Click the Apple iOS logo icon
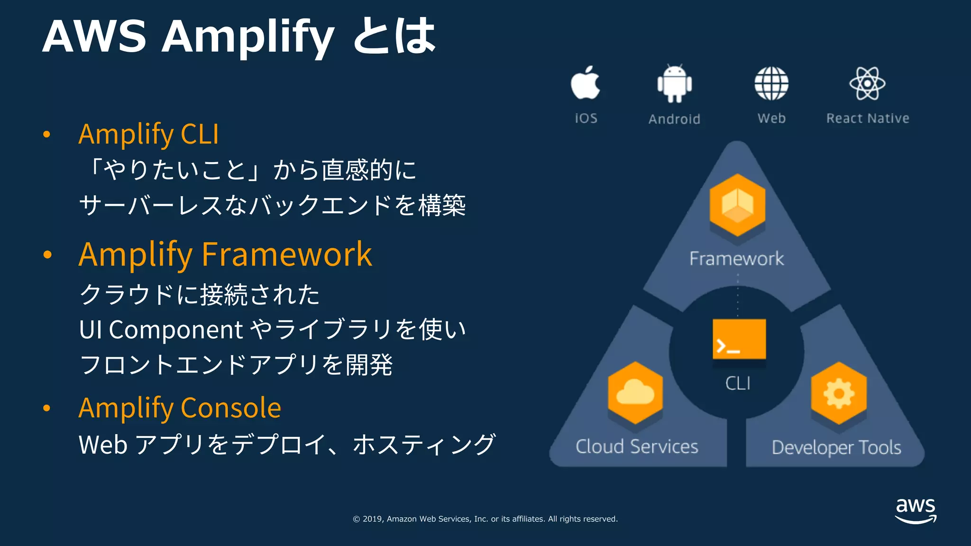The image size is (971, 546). point(586,83)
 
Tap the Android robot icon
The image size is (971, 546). point(674,84)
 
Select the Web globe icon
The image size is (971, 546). point(771,83)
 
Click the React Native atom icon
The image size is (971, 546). point(867,83)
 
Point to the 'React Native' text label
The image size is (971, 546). point(867,118)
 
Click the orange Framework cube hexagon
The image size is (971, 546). point(737,205)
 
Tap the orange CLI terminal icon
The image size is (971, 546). point(739,339)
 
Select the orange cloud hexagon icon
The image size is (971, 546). point(635,393)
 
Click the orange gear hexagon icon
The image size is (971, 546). point(839,393)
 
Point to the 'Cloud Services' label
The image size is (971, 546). point(637,446)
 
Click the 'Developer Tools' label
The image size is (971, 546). point(836,447)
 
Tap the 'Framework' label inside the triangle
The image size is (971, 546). point(736,259)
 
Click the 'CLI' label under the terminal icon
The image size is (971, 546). point(738,383)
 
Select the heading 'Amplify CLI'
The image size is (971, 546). point(148,134)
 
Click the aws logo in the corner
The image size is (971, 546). point(916,510)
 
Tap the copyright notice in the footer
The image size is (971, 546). point(485,519)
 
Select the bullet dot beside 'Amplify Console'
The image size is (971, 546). point(46,408)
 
